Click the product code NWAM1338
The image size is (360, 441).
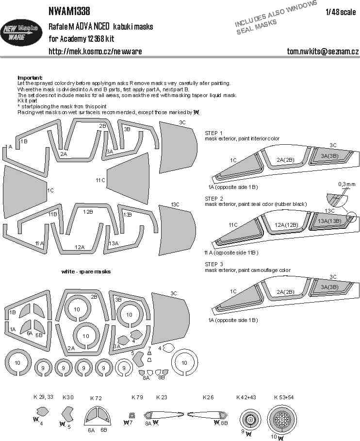click(x=69, y=11)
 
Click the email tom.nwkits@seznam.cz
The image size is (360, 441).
click(x=323, y=51)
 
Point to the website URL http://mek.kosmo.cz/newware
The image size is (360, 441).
click(x=95, y=51)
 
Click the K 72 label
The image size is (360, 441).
click(x=96, y=398)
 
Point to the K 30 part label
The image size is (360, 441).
click(x=68, y=397)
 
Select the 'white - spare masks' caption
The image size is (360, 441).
click(x=86, y=271)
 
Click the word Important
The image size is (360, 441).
click(x=30, y=78)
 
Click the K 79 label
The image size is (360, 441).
click(x=137, y=397)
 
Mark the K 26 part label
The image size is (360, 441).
click(x=208, y=397)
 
